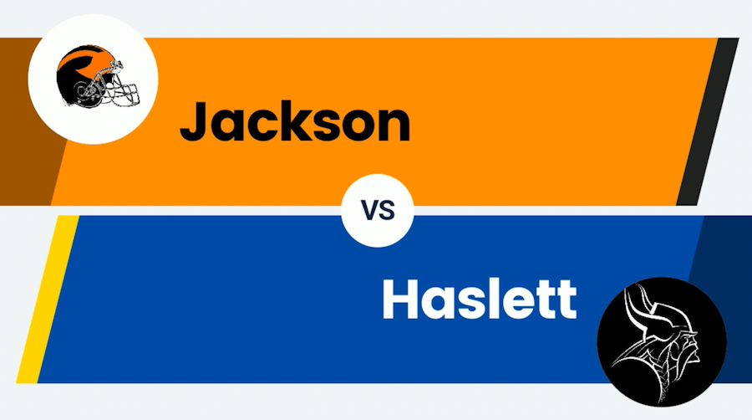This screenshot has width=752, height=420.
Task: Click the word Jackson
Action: tap(295, 122)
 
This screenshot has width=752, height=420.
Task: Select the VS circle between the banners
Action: tap(379, 212)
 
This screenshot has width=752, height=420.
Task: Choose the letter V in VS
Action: tap(369, 213)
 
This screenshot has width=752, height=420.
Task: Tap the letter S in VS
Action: tap(387, 213)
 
